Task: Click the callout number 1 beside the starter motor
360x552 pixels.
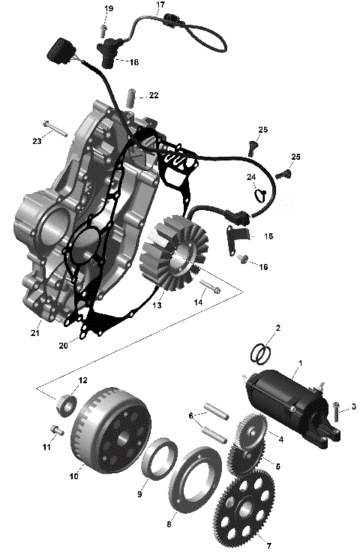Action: [301, 364]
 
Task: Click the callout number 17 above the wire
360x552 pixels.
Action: [160, 5]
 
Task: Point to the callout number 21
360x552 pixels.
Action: [35, 332]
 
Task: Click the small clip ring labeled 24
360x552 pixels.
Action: [259, 196]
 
